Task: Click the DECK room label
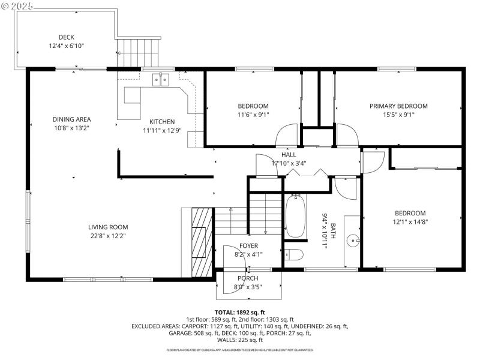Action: click(66, 37)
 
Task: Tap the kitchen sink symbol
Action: click(160, 78)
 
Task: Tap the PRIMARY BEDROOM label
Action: click(398, 106)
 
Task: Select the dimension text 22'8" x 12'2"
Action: click(108, 236)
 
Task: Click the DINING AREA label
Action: click(71, 119)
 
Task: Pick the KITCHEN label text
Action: click(162, 122)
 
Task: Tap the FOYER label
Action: click(248, 246)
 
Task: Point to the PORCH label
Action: click(248, 278)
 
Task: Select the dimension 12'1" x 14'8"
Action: click(410, 221)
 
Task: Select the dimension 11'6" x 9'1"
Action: click(253, 115)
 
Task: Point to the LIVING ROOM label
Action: click(108, 227)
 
